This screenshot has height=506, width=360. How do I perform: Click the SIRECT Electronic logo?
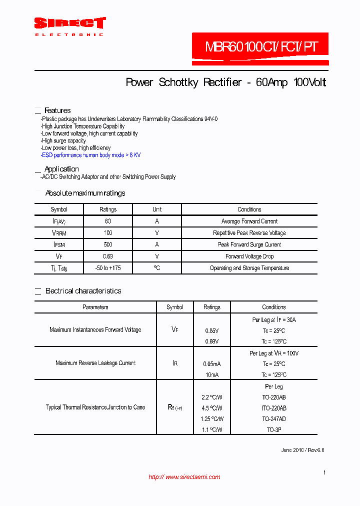69,26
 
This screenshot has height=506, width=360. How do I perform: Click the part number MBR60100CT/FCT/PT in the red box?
260,47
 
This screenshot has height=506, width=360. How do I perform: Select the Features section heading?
57,110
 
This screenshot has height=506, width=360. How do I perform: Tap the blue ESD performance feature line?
91,155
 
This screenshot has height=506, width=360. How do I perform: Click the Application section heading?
61,169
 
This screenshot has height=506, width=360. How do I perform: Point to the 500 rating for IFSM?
108,244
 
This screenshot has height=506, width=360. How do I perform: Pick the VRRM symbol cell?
59,233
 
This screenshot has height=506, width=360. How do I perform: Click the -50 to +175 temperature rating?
108,268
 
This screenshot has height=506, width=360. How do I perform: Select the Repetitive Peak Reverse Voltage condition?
249,233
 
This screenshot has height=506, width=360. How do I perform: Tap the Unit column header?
157,209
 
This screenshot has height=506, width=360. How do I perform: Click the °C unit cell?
157,268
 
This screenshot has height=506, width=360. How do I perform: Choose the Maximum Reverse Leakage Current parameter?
95,363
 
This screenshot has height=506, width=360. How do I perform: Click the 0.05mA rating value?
212,364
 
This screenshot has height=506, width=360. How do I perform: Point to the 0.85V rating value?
212,331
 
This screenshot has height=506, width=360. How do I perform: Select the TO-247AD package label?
273,419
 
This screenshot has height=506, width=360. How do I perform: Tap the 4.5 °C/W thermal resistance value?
212,408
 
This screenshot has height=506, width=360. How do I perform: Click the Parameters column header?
95,307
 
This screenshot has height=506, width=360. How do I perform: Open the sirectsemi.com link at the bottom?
184,477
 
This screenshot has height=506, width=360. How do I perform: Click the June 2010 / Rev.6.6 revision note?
302,450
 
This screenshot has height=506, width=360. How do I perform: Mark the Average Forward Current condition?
249,221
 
